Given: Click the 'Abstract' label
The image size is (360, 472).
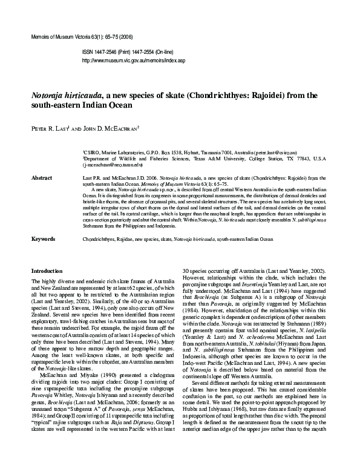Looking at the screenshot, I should click(x=41, y=179).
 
